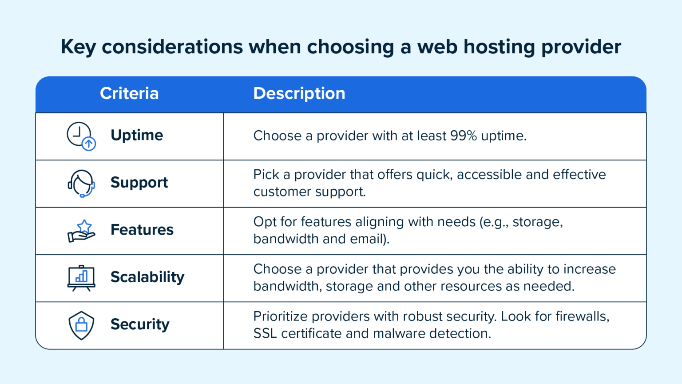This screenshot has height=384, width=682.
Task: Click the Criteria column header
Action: (x=129, y=93)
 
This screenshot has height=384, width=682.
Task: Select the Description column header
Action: (x=299, y=93)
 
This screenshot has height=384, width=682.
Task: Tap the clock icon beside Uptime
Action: (x=81, y=136)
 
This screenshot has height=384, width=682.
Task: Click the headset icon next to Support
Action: (x=81, y=183)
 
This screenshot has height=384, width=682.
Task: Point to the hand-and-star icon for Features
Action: (x=81, y=231)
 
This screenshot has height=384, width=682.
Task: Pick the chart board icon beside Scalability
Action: (x=81, y=278)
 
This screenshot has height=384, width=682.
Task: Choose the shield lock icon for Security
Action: (x=81, y=325)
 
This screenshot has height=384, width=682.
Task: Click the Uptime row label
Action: (x=137, y=135)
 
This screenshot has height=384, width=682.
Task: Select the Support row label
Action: (x=139, y=183)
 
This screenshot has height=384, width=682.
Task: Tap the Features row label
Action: (x=142, y=230)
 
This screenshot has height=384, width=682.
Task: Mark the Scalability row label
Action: (x=147, y=277)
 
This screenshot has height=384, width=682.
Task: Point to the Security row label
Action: (x=140, y=324)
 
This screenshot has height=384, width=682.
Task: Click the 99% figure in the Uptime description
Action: (x=464, y=136)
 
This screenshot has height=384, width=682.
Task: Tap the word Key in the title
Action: (x=78, y=47)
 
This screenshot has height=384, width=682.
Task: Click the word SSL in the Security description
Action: (x=265, y=333)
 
